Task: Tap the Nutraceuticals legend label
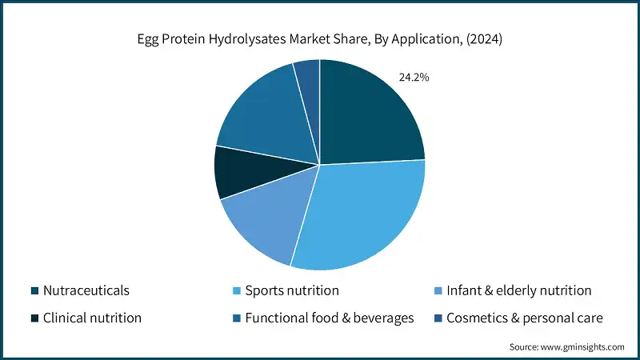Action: (86, 290)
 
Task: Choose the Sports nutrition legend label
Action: (291, 290)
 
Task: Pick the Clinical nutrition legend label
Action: (92, 318)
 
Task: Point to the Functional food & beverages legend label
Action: (330, 318)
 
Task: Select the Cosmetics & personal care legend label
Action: (525, 318)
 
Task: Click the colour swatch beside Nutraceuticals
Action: (34, 290)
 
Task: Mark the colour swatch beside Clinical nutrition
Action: (34, 318)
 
